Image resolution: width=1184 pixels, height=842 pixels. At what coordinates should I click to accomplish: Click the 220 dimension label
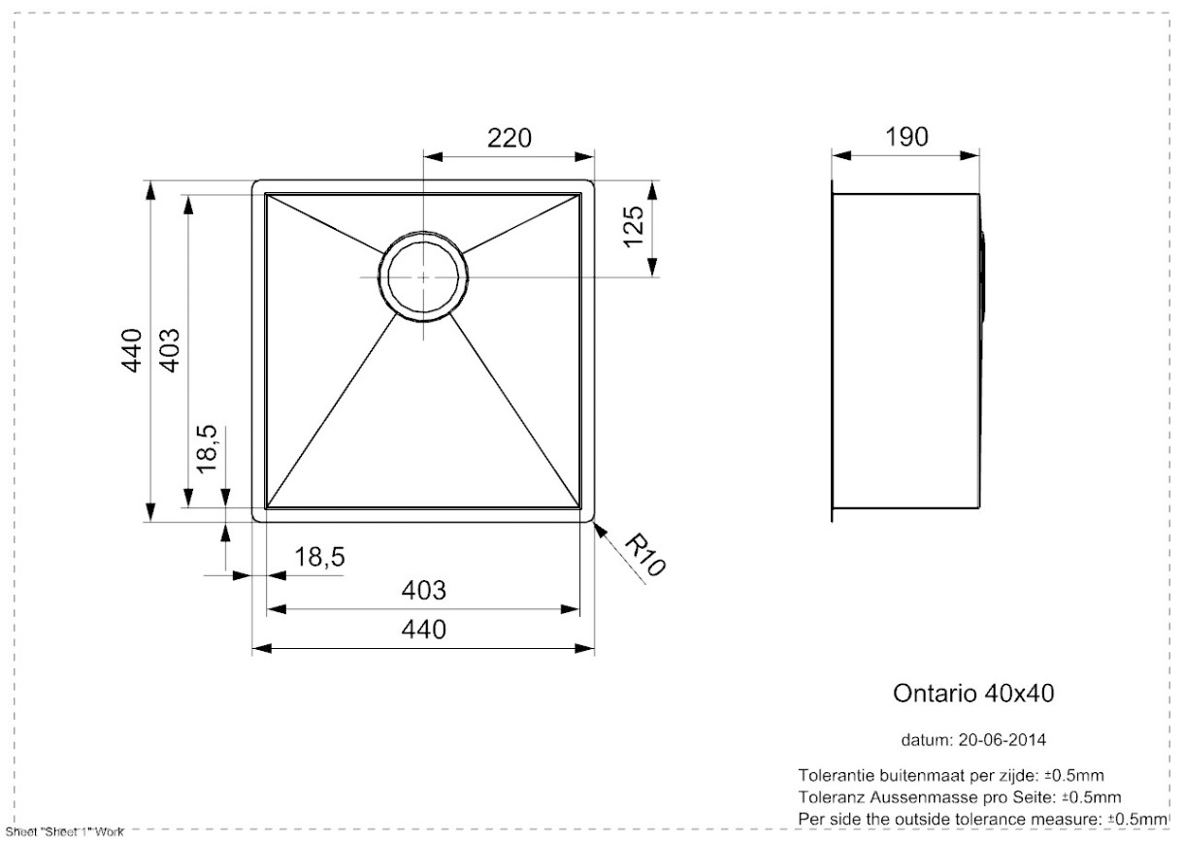coord(509,139)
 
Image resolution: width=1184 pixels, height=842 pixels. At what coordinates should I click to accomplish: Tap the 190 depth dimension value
coord(906,138)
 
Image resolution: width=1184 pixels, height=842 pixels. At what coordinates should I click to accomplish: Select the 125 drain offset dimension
coord(634,227)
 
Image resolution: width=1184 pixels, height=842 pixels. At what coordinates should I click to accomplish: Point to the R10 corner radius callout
coord(645,555)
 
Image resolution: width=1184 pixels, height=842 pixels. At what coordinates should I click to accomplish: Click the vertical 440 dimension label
coord(132,350)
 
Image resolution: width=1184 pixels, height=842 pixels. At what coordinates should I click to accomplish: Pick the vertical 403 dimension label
coord(170,350)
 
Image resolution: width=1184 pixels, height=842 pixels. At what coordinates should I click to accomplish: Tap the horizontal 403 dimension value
coord(423,590)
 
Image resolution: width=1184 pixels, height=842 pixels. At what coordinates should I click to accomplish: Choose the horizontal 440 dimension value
coord(423,630)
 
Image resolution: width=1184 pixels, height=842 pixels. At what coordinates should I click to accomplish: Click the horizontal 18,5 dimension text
coord(319,557)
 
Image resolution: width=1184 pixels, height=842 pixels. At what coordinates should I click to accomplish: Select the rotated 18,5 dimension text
coord(208,449)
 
